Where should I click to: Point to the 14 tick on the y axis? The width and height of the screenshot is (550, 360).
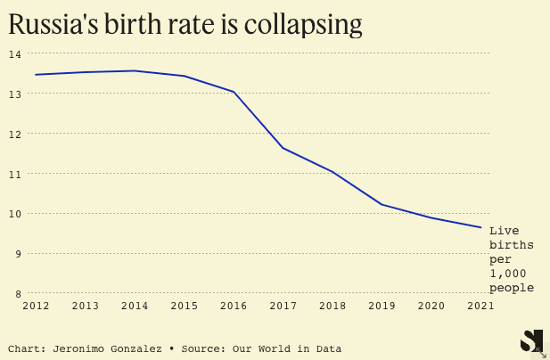(x=14, y=53)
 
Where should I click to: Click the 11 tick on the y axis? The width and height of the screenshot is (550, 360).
(x=14, y=174)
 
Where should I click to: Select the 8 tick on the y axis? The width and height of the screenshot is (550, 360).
(x=17, y=293)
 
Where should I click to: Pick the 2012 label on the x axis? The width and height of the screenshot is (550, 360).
(x=36, y=306)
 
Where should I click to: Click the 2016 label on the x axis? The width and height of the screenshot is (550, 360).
(x=234, y=306)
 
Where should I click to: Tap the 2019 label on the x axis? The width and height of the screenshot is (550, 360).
(x=382, y=306)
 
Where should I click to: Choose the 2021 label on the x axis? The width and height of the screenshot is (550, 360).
(x=480, y=306)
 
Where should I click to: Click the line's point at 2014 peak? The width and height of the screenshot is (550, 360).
(x=135, y=70)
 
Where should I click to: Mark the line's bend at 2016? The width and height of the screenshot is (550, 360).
(x=234, y=92)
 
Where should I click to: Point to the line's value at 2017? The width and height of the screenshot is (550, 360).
(x=283, y=148)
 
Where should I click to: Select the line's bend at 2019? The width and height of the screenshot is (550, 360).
(x=382, y=205)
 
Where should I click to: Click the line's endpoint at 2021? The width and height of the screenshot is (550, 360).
(x=480, y=227)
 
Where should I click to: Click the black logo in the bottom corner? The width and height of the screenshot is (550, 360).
(x=531, y=340)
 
